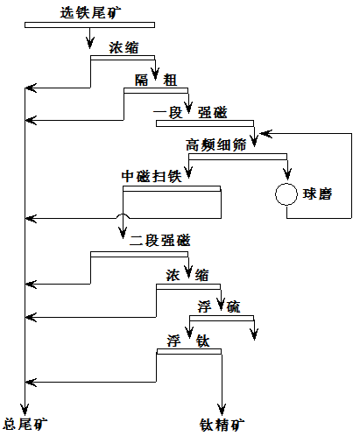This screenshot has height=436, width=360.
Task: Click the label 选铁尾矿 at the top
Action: [x=90, y=13]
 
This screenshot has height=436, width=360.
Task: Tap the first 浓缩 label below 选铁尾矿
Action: [x=124, y=47]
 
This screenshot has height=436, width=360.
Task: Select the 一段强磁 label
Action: [x=190, y=113]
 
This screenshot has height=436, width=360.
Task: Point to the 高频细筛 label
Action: [x=216, y=145]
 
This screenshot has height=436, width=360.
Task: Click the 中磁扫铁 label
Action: [x=152, y=177]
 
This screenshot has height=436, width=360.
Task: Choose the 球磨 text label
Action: [x=317, y=194]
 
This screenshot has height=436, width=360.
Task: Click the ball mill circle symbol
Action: [x=286, y=184]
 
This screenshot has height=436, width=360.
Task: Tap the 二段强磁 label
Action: [x=160, y=241]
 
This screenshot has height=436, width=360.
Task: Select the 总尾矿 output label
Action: [x=25, y=424]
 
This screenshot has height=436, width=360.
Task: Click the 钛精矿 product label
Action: [x=222, y=425]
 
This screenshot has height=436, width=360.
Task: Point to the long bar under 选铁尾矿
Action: [x=89, y=25]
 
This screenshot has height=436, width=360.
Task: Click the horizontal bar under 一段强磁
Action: [x=205, y=123]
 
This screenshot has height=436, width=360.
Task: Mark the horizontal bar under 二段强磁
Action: [x=139, y=254]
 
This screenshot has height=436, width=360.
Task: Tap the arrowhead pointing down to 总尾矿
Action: [x=25, y=409]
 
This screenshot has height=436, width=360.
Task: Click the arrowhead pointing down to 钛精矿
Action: [x=222, y=410]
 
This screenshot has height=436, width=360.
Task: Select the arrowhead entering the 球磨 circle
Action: [x=287, y=174]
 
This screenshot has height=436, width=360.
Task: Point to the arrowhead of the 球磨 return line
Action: [x=265, y=134]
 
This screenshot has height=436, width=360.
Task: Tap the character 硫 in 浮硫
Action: [x=233, y=307]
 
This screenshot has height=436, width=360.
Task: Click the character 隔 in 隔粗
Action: [x=142, y=81]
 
